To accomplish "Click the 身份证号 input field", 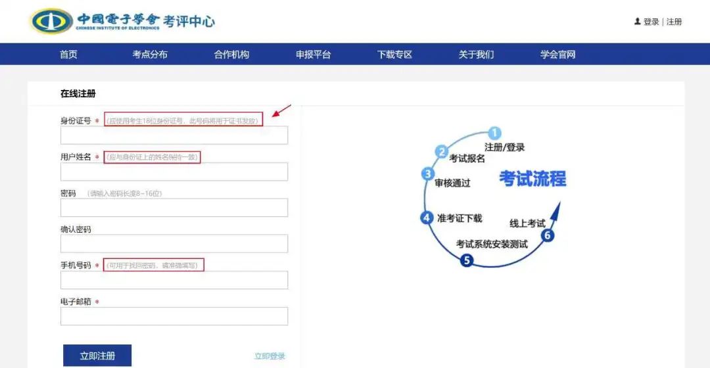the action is coord(174,135).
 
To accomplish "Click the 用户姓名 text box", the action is coord(174,172).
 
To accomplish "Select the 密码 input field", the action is coord(174,208).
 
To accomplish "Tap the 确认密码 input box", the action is coord(174,244).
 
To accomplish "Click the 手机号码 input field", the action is coord(174,280).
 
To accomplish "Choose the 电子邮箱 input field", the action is coord(174,316).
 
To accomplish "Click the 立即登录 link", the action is coord(270,356).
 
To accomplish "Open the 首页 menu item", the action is coord(68,55).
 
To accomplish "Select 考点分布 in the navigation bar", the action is coord(150,55).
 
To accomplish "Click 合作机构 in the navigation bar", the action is coord(231,55).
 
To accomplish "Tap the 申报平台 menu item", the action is coord(313,55).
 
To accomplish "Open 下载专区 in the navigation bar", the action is coord(394,55).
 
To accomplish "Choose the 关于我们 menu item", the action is coord(476,55).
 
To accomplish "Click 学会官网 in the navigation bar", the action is coord(557,55).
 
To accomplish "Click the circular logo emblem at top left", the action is coord(51,21).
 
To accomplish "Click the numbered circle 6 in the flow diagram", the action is coord(548,235).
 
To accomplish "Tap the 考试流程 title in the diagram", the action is coord(532,178).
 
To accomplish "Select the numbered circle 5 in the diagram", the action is coord(467,260).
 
